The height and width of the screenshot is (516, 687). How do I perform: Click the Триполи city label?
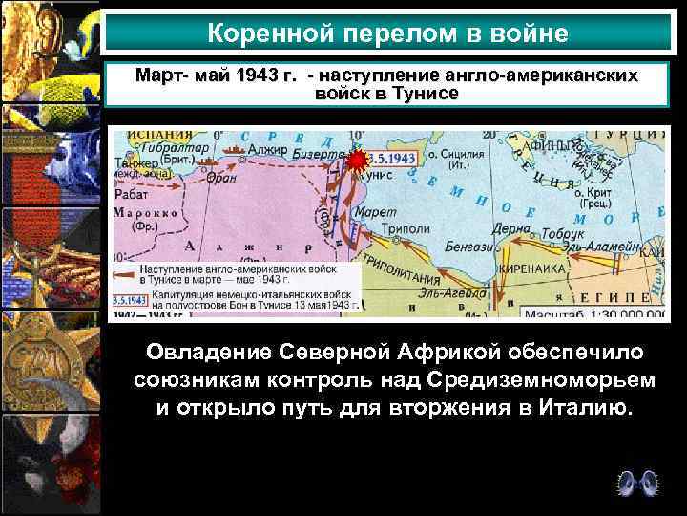406,229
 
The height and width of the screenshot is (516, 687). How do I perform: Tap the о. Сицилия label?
455,154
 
